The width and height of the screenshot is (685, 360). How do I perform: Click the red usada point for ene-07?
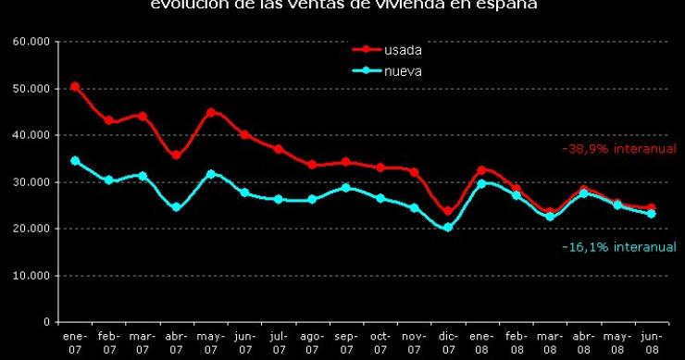click(x=75, y=87)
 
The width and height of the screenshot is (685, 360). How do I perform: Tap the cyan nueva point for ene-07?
click(x=75, y=160)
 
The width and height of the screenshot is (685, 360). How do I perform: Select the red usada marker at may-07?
click(x=210, y=112)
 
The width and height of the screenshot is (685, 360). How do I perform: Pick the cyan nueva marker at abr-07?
click(x=176, y=207)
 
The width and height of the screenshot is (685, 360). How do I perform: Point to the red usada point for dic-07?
click(x=448, y=212)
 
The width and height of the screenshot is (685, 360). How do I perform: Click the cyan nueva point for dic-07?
click(x=448, y=227)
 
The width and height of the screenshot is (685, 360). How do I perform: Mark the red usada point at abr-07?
click(x=176, y=155)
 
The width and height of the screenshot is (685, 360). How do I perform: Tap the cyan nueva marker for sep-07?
click(x=346, y=187)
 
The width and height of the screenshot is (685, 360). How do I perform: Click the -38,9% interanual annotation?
click(x=618, y=149)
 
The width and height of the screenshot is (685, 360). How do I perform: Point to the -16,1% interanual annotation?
click(x=618, y=246)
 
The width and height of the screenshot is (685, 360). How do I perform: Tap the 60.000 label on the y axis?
click(x=31, y=43)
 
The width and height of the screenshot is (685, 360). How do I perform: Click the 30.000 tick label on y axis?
click(x=31, y=182)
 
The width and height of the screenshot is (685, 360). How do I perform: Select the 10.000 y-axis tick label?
click(x=31, y=276)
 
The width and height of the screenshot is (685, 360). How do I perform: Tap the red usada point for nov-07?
click(x=414, y=172)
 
